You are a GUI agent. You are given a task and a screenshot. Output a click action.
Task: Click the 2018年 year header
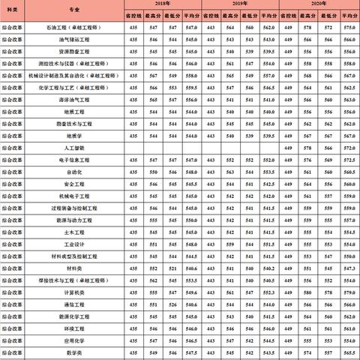pos(163,4)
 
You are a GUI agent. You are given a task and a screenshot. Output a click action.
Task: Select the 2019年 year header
pos(241,4)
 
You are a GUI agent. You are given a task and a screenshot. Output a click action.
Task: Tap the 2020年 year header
pos(318,4)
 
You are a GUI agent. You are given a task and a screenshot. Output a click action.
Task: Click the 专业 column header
pos(76,9)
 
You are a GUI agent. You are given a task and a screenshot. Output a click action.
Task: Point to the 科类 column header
pos(14,9)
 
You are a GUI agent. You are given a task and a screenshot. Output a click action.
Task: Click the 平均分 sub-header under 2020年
pos(347,15)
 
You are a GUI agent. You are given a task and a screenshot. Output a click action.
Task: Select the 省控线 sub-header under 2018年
pos(134,15)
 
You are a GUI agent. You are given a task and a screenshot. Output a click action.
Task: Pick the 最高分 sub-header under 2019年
pos(230,15)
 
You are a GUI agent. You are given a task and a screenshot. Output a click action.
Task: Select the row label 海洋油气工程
pos(76,99)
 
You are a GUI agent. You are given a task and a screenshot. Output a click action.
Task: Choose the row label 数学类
pos(76,352)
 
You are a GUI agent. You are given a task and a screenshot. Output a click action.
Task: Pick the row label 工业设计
pos(76,244)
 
